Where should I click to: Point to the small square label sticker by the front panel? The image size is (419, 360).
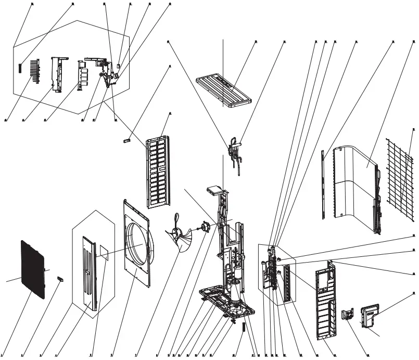pos(104,254)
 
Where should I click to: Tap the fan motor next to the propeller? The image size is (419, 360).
pos(205,228)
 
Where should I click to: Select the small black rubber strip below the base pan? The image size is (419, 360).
pos(243,328)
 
